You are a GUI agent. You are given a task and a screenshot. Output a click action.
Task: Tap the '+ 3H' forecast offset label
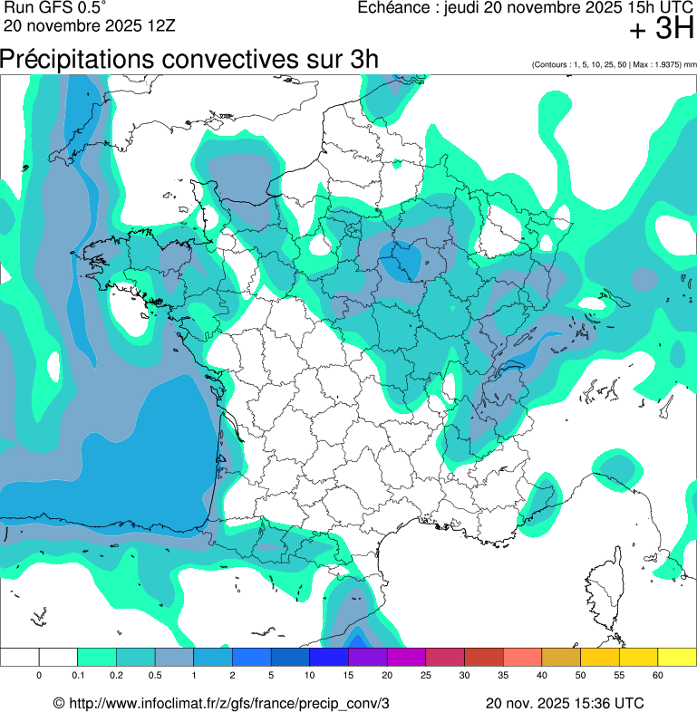[661, 30]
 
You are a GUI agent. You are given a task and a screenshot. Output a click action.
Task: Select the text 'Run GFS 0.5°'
[54, 8]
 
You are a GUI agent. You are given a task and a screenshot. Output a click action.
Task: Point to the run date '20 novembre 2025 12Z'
[89, 25]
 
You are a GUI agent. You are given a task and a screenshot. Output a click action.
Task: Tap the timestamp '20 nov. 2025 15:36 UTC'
[565, 703]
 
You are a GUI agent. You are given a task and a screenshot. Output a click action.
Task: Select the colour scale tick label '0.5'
[155, 676]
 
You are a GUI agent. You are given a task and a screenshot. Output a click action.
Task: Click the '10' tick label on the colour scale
[309, 676]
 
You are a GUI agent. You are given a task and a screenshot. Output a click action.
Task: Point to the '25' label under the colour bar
[425, 676]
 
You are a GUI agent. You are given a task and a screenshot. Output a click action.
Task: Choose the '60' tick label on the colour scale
[657, 676]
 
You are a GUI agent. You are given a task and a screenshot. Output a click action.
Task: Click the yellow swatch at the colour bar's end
[676, 657]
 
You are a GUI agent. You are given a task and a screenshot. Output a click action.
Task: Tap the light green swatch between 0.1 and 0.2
[97, 657]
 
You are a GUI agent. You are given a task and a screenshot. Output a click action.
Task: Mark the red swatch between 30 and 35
[483, 657]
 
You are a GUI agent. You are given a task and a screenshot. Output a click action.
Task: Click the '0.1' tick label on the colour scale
[78, 676]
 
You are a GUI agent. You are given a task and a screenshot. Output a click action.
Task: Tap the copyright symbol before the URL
[59, 703]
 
